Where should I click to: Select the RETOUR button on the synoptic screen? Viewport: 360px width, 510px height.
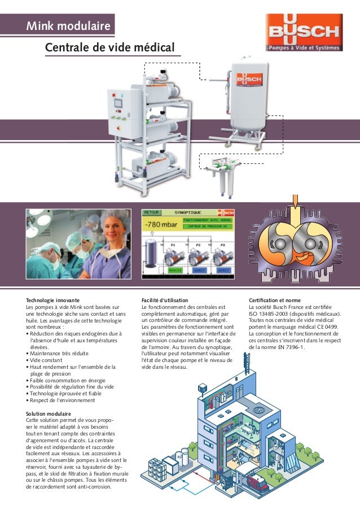coord(151,213)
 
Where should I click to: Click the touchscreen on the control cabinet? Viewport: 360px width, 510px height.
coord(118,103)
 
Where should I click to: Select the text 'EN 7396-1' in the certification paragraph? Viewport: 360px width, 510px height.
coord(288,347)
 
